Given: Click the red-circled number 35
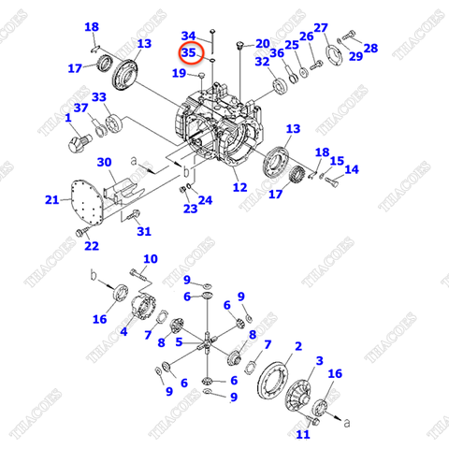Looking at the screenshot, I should [190, 53].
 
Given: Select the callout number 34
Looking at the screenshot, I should [188, 36].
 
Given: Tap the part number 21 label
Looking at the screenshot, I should [51, 199].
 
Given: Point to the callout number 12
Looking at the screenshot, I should [242, 188].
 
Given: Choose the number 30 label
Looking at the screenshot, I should [104, 161].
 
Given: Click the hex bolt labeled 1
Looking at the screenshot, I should [76, 143].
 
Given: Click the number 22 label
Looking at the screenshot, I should [91, 246].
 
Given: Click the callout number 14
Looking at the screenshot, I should [352, 169].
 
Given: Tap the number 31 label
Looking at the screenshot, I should [143, 231].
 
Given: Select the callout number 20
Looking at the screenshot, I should [262, 43].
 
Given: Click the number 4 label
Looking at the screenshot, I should [123, 330].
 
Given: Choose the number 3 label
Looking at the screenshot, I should [319, 361].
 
